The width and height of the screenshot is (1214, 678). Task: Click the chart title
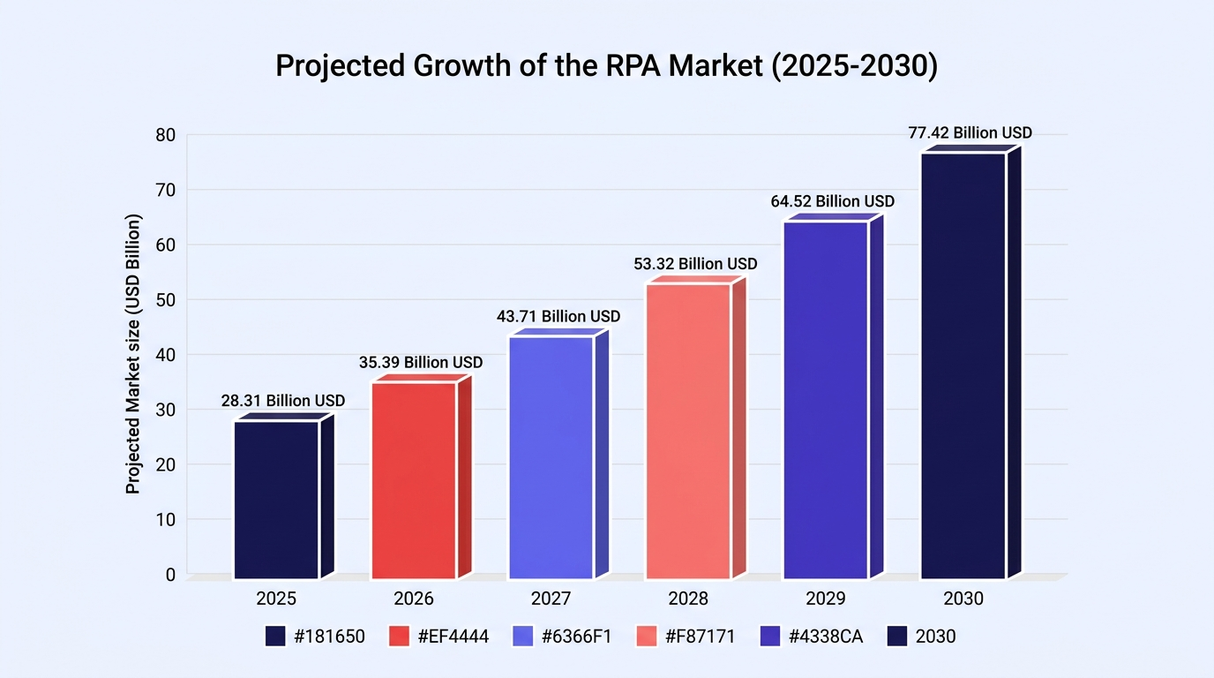coord(606,65)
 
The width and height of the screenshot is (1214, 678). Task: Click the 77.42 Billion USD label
coord(970,133)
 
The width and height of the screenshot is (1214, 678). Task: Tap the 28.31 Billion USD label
coord(283,401)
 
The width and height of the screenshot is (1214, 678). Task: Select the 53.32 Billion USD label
coord(695,264)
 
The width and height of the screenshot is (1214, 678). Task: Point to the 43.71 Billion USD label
coord(558,316)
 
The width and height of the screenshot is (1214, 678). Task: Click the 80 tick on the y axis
coord(165,135)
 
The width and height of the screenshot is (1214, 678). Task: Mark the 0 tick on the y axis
coord(171,575)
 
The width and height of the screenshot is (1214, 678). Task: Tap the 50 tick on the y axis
coord(165,300)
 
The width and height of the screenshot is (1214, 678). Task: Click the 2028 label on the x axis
coord(688,599)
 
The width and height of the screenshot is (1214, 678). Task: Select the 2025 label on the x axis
coord(276,599)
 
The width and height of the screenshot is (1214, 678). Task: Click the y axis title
coord(132,354)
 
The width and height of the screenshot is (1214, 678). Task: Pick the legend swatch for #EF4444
coord(399,637)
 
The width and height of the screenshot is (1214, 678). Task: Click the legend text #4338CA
coord(826,637)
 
